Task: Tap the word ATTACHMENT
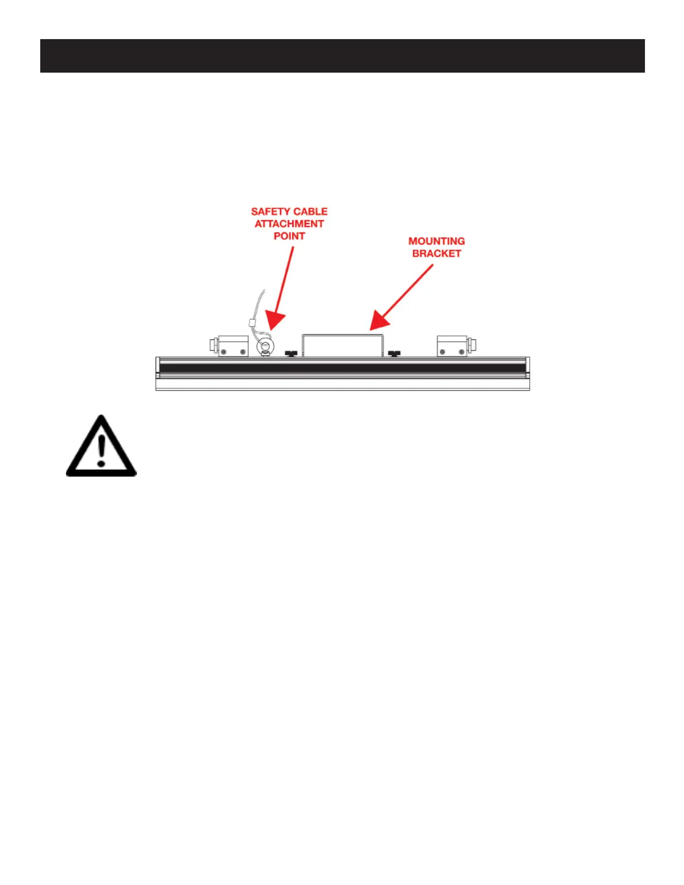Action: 289,224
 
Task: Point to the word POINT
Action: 289,236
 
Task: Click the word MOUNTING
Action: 436,241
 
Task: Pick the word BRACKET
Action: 436,254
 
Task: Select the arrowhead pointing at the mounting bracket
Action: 378,321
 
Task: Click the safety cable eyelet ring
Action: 265,347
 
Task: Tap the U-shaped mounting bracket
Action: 342,336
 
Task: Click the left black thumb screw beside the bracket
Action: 291,353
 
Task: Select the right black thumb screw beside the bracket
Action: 394,353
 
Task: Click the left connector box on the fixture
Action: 232,346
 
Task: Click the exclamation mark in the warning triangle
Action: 101,451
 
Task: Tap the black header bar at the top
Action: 342,56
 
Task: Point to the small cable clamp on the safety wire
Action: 252,322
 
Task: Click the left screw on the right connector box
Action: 443,352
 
